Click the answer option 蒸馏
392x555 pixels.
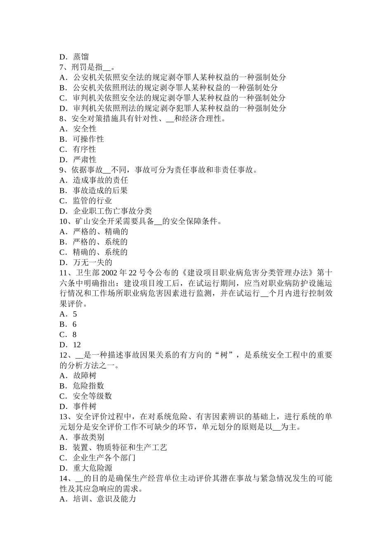[80, 57]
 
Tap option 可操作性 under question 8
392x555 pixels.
[88, 139]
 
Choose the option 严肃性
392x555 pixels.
[85, 160]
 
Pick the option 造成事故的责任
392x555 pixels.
[100, 180]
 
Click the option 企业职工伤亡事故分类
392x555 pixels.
[112, 211]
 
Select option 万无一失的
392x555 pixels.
[92, 262]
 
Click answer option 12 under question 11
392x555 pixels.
[77, 345]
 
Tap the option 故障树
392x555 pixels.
[85, 375]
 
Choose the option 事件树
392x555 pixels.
[85, 406]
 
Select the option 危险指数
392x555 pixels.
[88, 386]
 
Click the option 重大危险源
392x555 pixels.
[92, 468]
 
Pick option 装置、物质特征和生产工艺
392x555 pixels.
[120, 447]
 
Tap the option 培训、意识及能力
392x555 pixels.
[104, 499]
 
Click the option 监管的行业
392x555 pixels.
[92, 201]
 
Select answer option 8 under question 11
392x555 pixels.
[75, 334]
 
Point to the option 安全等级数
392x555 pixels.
[92, 396]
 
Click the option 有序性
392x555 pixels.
[85, 149]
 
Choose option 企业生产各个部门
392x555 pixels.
[104, 458]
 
